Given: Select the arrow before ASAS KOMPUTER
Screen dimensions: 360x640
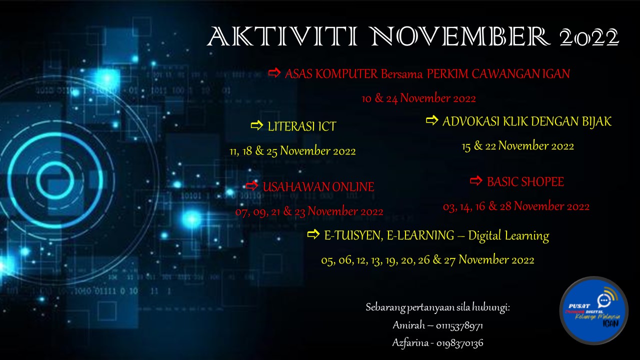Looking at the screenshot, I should [x=274, y=73].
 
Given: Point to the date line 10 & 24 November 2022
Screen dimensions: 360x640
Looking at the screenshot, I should [x=418, y=98].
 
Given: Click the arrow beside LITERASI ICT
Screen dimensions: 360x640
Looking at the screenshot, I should [x=256, y=125].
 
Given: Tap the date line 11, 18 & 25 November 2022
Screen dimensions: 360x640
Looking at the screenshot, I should [x=292, y=151].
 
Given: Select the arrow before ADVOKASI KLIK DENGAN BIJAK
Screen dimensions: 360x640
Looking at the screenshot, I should [x=431, y=120].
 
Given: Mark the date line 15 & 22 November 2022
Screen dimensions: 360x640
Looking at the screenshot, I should [x=517, y=146].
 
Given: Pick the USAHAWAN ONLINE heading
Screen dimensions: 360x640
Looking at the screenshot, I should [x=318, y=187].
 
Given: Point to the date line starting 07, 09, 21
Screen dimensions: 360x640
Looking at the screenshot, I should [x=309, y=211].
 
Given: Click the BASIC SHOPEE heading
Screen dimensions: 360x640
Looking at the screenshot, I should [x=525, y=182].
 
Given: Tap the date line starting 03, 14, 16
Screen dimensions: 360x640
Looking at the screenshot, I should [x=516, y=206].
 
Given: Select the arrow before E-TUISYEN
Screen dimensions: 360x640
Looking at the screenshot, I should [x=313, y=234].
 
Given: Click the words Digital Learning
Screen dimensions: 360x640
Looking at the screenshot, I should [x=508, y=235].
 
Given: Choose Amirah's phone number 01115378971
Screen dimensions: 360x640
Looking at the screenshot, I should [x=459, y=326].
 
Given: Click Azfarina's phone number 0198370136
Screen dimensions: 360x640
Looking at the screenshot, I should [x=459, y=343].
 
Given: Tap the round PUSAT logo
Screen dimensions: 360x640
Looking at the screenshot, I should [x=593, y=311].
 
